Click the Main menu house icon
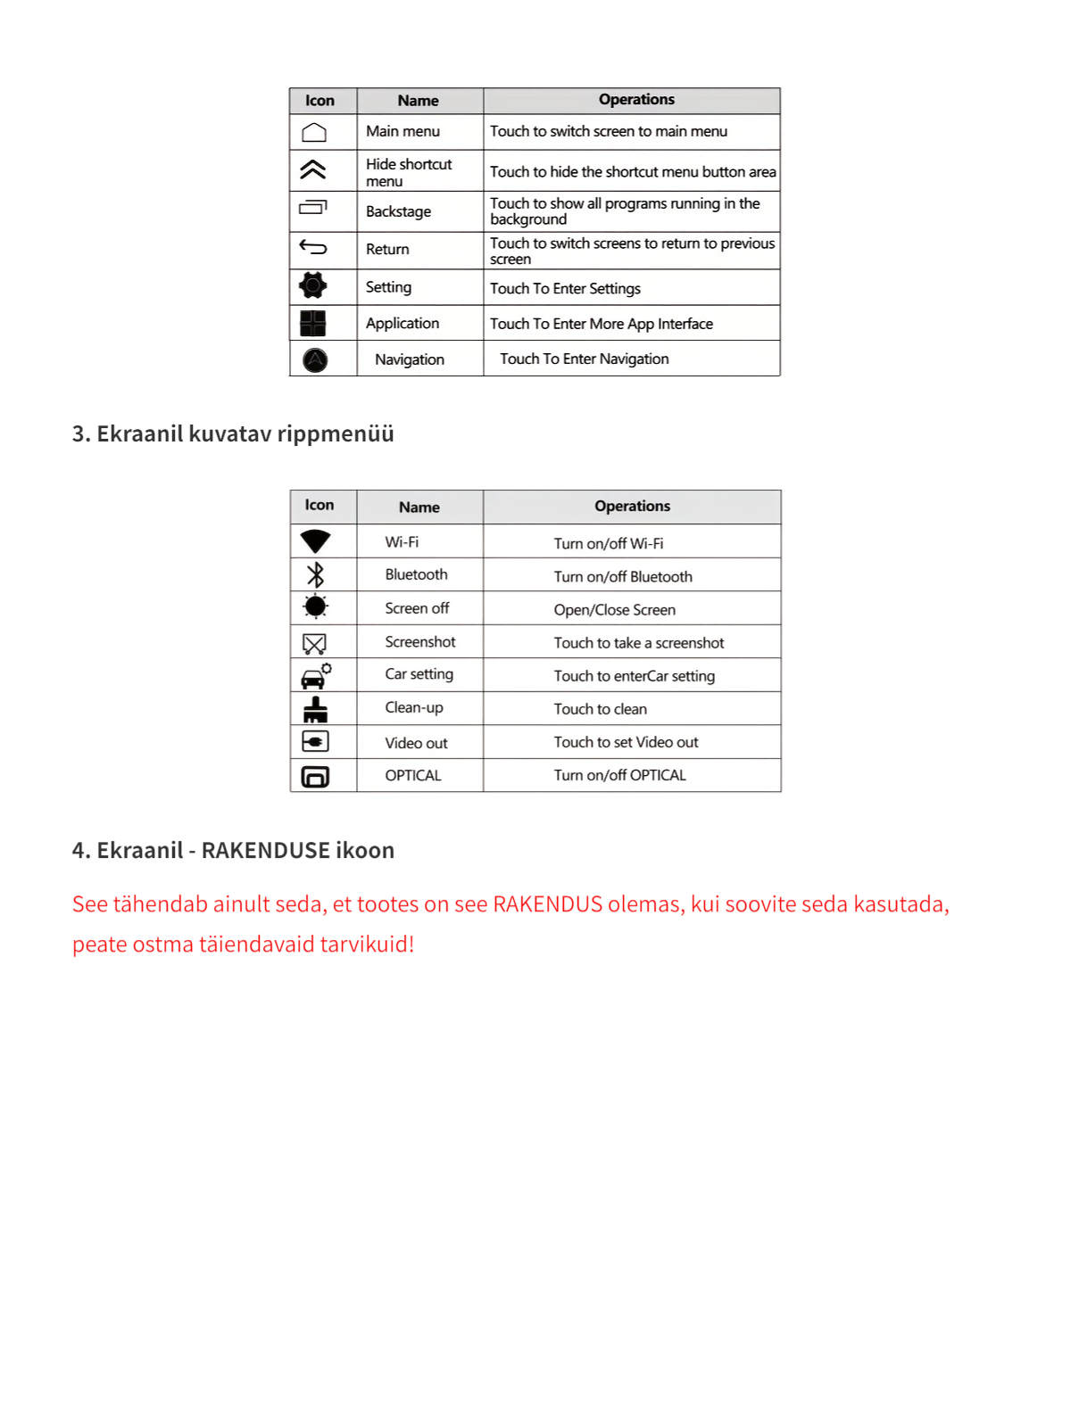pyautogui.click(x=314, y=133)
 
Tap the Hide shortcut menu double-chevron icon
pyautogui.click(x=313, y=169)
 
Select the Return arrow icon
pyautogui.click(x=313, y=247)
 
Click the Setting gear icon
pyautogui.click(x=313, y=285)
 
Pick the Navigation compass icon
pyautogui.click(x=315, y=359)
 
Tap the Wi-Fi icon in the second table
pyautogui.click(x=315, y=541)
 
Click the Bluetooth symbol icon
pyautogui.click(x=315, y=574)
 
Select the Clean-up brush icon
pyautogui.click(x=315, y=710)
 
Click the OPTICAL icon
pyautogui.click(x=315, y=777)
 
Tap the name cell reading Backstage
pyautogui.click(x=398, y=211)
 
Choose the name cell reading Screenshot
pyautogui.click(x=419, y=642)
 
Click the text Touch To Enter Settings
pyautogui.click(x=565, y=289)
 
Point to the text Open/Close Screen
pyautogui.click(x=614, y=610)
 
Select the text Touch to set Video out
pyautogui.click(x=626, y=742)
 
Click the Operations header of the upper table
pyautogui.click(x=636, y=100)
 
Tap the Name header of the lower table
pyautogui.click(x=419, y=507)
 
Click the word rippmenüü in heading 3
pyautogui.click(x=336, y=434)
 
